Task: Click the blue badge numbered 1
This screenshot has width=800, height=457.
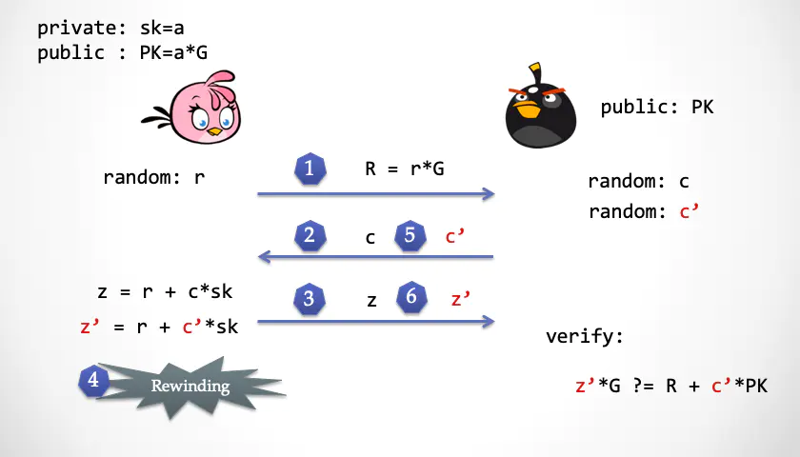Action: tap(310, 169)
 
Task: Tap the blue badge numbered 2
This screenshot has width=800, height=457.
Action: tap(310, 236)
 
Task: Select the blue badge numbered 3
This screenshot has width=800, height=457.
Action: tap(310, 298)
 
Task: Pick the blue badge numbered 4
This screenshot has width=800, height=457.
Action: tap(94, 381)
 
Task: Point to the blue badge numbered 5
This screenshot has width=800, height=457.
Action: tap(410, 236)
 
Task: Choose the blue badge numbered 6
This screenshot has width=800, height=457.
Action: tap(411, 297)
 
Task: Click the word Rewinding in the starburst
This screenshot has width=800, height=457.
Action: tap(190, 387)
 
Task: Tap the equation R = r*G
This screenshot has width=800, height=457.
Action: tap(405, 169)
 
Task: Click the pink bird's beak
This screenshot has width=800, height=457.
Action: tap(215, 132)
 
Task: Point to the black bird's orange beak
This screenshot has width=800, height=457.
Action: tap(526, 109)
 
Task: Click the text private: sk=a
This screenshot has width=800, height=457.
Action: tap(110, 28)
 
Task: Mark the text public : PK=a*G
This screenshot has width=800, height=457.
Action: tap(123, 52)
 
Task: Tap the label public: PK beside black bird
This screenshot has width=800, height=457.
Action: tap(657, 107)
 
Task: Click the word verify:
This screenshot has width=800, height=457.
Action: tap(585, 336)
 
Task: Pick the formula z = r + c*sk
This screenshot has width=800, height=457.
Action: tap(165, 291)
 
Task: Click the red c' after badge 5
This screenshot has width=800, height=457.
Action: tap(454, 236)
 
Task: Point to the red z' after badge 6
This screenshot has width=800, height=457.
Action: tap(461, 298)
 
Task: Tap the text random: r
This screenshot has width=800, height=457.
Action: tap(154, 177)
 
